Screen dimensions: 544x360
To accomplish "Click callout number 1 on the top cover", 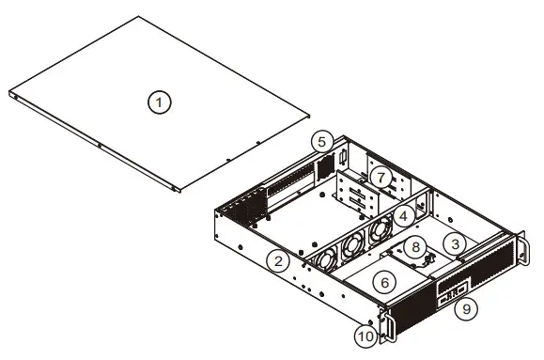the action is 159,102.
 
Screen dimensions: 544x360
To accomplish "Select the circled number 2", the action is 278,261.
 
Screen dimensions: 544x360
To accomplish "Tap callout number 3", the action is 455,244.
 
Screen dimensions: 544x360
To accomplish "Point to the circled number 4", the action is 403,216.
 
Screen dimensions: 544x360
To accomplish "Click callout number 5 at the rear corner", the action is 322,142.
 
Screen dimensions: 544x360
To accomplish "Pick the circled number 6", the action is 385,283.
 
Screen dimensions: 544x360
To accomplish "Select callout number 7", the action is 381,178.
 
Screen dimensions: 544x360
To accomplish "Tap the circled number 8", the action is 415,247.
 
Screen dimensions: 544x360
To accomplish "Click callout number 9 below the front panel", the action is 466,308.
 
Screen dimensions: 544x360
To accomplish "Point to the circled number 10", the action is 366,337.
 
